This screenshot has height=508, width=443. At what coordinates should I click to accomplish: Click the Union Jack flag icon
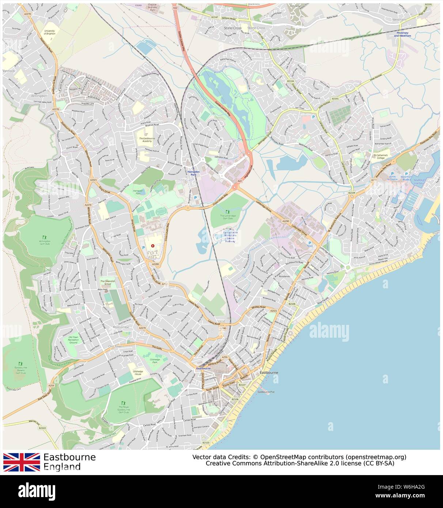click(22, 462)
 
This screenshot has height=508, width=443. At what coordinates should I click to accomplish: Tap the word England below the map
click(62, 467)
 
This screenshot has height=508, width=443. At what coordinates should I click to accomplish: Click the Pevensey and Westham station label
click(402, 34)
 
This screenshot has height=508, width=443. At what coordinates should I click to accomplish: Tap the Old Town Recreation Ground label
click(73, 340)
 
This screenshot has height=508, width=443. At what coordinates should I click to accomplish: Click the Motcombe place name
click(121, 327)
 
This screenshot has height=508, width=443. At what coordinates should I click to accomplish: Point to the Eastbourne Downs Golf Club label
click(20, 370)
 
